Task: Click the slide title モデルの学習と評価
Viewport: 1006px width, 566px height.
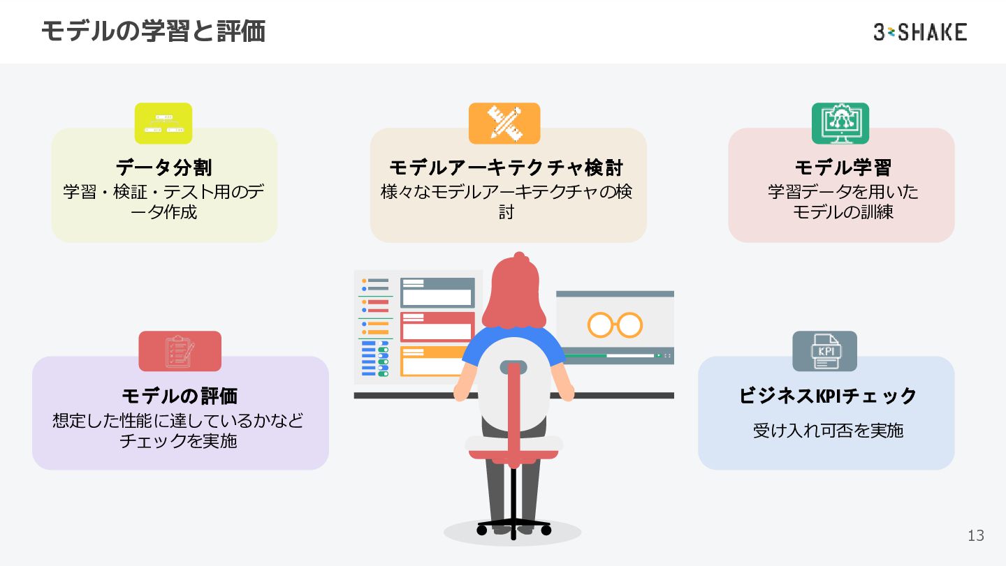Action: (x=153, y=31)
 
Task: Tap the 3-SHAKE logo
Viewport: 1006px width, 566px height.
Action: (x=920, y=32)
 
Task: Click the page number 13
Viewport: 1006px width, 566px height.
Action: (x=975, y=535)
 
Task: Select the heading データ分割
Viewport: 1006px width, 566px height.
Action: (x=164, y=167)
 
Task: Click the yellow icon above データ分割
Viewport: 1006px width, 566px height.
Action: (x=163, y=123)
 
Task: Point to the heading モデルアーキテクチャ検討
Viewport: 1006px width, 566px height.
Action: (x=506, y=167)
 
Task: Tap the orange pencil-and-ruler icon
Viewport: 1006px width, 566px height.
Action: (x=504, y=123)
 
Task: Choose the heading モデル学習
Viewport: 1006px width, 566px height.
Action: (x=843, y=167)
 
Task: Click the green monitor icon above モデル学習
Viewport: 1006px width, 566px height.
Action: (x=840, y=123)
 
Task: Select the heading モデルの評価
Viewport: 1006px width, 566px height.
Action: (x=180, y=396)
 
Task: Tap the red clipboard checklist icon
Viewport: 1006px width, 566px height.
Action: (x=180, y=351)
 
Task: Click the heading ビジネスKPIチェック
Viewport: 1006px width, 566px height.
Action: (x=828, y=396)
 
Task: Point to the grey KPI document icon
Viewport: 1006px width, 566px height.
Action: (x=824, y=351)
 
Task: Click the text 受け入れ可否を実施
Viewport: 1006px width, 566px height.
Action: (x=828, y=430)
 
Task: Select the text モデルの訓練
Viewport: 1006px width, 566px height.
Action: (x=843, y=211)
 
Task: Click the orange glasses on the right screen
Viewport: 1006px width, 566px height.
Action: (x=615, y=325)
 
